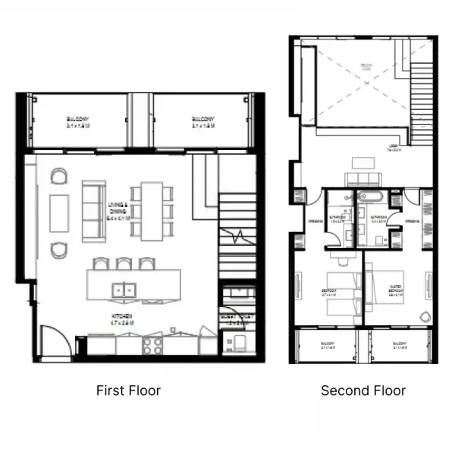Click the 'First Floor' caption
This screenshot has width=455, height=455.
pyautogui.click(x=128, y=391)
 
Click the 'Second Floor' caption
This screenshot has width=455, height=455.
pyautogui.click(x=363, y=391)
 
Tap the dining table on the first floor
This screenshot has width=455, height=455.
pyautogui.click(x=152, y=211)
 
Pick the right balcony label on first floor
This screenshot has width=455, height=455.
pyautogui.click(x=202, y=121)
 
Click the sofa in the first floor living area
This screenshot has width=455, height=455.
pyautogui.click(x=94, y=211)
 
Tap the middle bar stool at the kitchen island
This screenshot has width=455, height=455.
pyautogui.click(x=123, y=264)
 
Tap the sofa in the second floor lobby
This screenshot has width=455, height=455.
pyautogui.click(x=361, y=179)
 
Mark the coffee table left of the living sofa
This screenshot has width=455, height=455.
pyautogui.click(x=59, y=212)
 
